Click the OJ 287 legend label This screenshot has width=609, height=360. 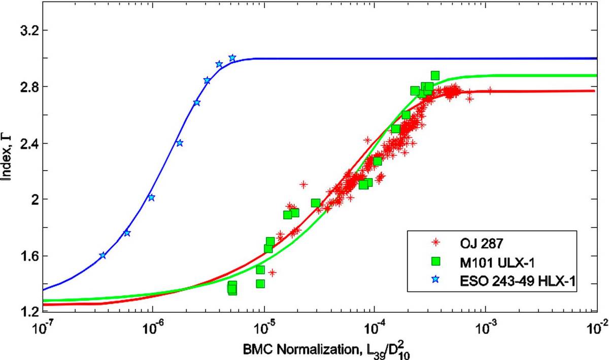click(x=481, y=243)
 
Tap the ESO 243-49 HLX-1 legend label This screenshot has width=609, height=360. click(x=517, y=281)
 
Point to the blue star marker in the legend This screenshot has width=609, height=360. click(x=436, y=279)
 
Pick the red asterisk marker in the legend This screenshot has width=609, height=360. click(x=436, y=242)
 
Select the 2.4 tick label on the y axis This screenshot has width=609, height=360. click(x=28, y=143)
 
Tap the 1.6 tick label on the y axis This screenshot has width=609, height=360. click(x=28, y=256)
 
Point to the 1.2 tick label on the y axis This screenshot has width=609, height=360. click(x=28, y=312)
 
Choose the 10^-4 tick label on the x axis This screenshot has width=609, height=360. click(x=375, y=329)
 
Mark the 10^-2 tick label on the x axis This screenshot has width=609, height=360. click(x=598, y=329)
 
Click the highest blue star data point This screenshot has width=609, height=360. click(x=232, y=58)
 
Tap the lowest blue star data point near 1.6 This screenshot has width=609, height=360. click(x=103, y=255)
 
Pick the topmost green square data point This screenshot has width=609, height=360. click(x=435, y=75)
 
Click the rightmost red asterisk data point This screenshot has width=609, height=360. click(x=490, y=90)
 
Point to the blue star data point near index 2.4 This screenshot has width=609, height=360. click(x=180, y=143)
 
